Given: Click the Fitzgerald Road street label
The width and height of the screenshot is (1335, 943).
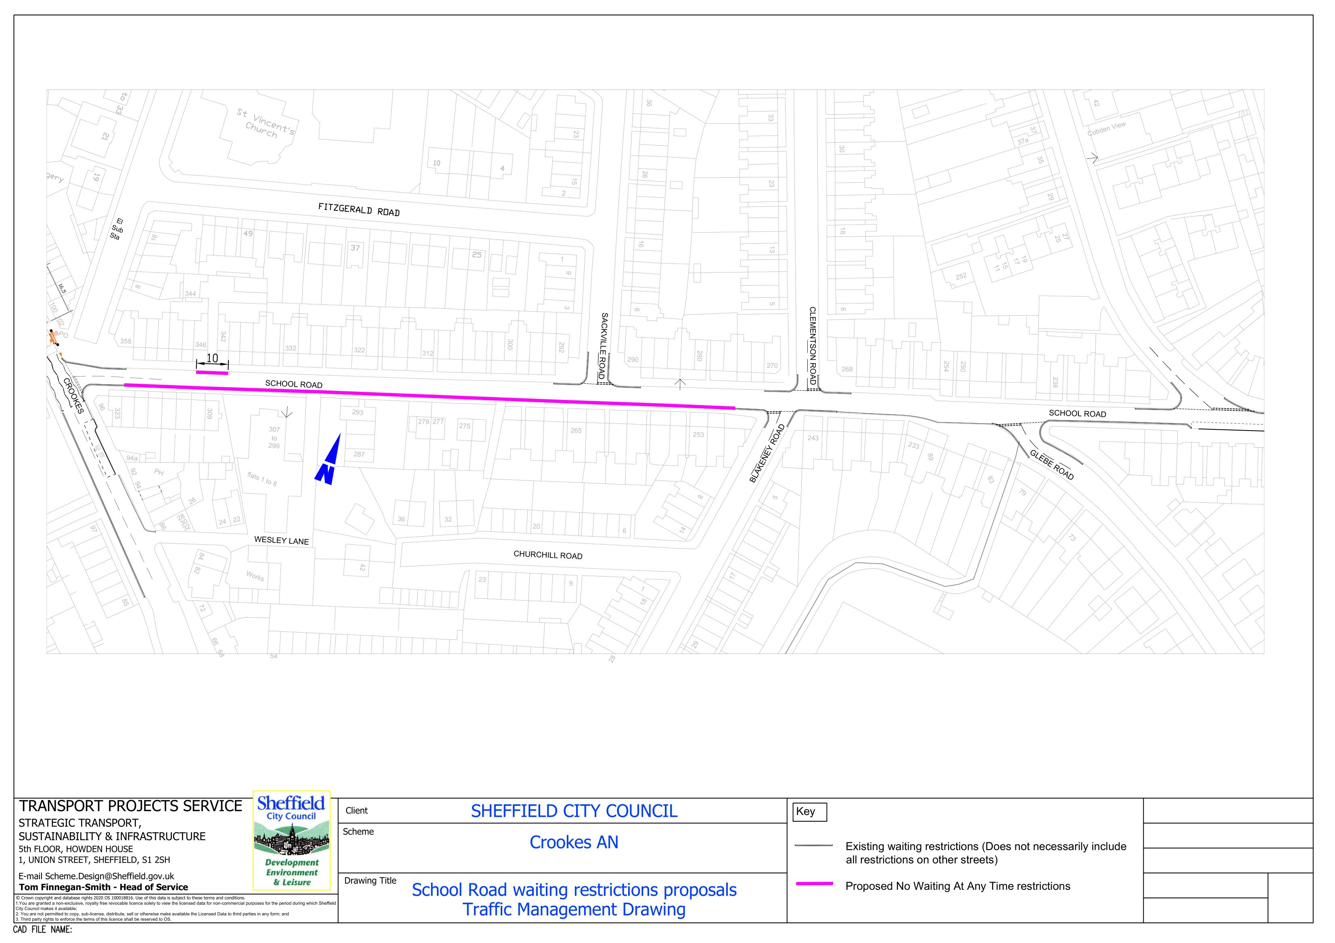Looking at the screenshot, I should (359, 209).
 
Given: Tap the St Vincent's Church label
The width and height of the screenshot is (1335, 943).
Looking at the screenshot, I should (265, 122).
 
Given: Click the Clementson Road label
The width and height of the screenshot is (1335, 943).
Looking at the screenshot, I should (812, 347).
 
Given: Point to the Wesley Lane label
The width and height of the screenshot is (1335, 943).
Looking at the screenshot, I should (282, 540).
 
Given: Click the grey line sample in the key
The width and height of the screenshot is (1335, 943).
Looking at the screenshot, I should (814, 846).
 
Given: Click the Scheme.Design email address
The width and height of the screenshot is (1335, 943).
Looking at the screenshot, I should (96, 876).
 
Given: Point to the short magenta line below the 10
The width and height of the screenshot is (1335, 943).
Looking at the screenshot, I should (212, 373).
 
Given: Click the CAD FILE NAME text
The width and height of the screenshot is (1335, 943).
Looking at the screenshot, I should (42, 930).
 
